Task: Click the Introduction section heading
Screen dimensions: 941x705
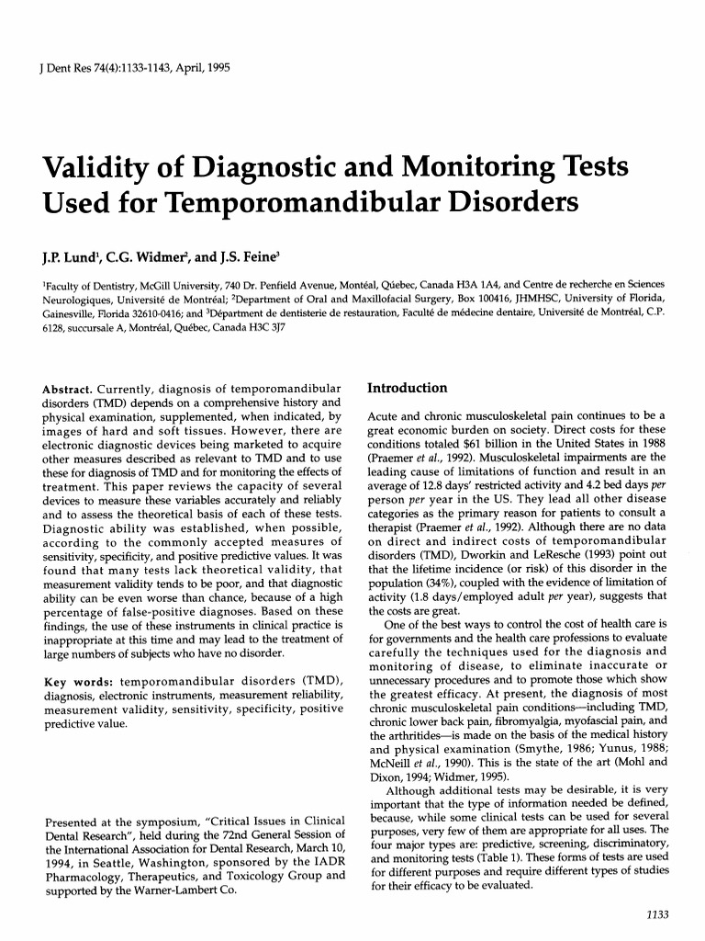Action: point(407,388)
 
